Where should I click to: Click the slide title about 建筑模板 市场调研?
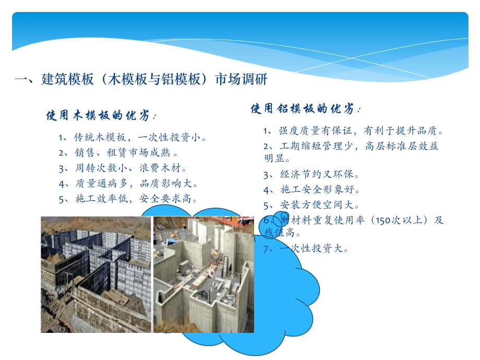(141, 79)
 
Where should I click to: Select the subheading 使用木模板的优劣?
(102, 116)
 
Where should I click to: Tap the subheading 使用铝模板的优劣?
(306, 109)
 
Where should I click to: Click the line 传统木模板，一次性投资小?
(133, 138)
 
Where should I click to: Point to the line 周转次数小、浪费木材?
(123, 168)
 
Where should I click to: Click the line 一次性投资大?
(314, 249)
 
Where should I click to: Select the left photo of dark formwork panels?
(96, 274)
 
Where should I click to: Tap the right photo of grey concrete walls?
(203, 274)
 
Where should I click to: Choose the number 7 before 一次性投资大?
(266, 249)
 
